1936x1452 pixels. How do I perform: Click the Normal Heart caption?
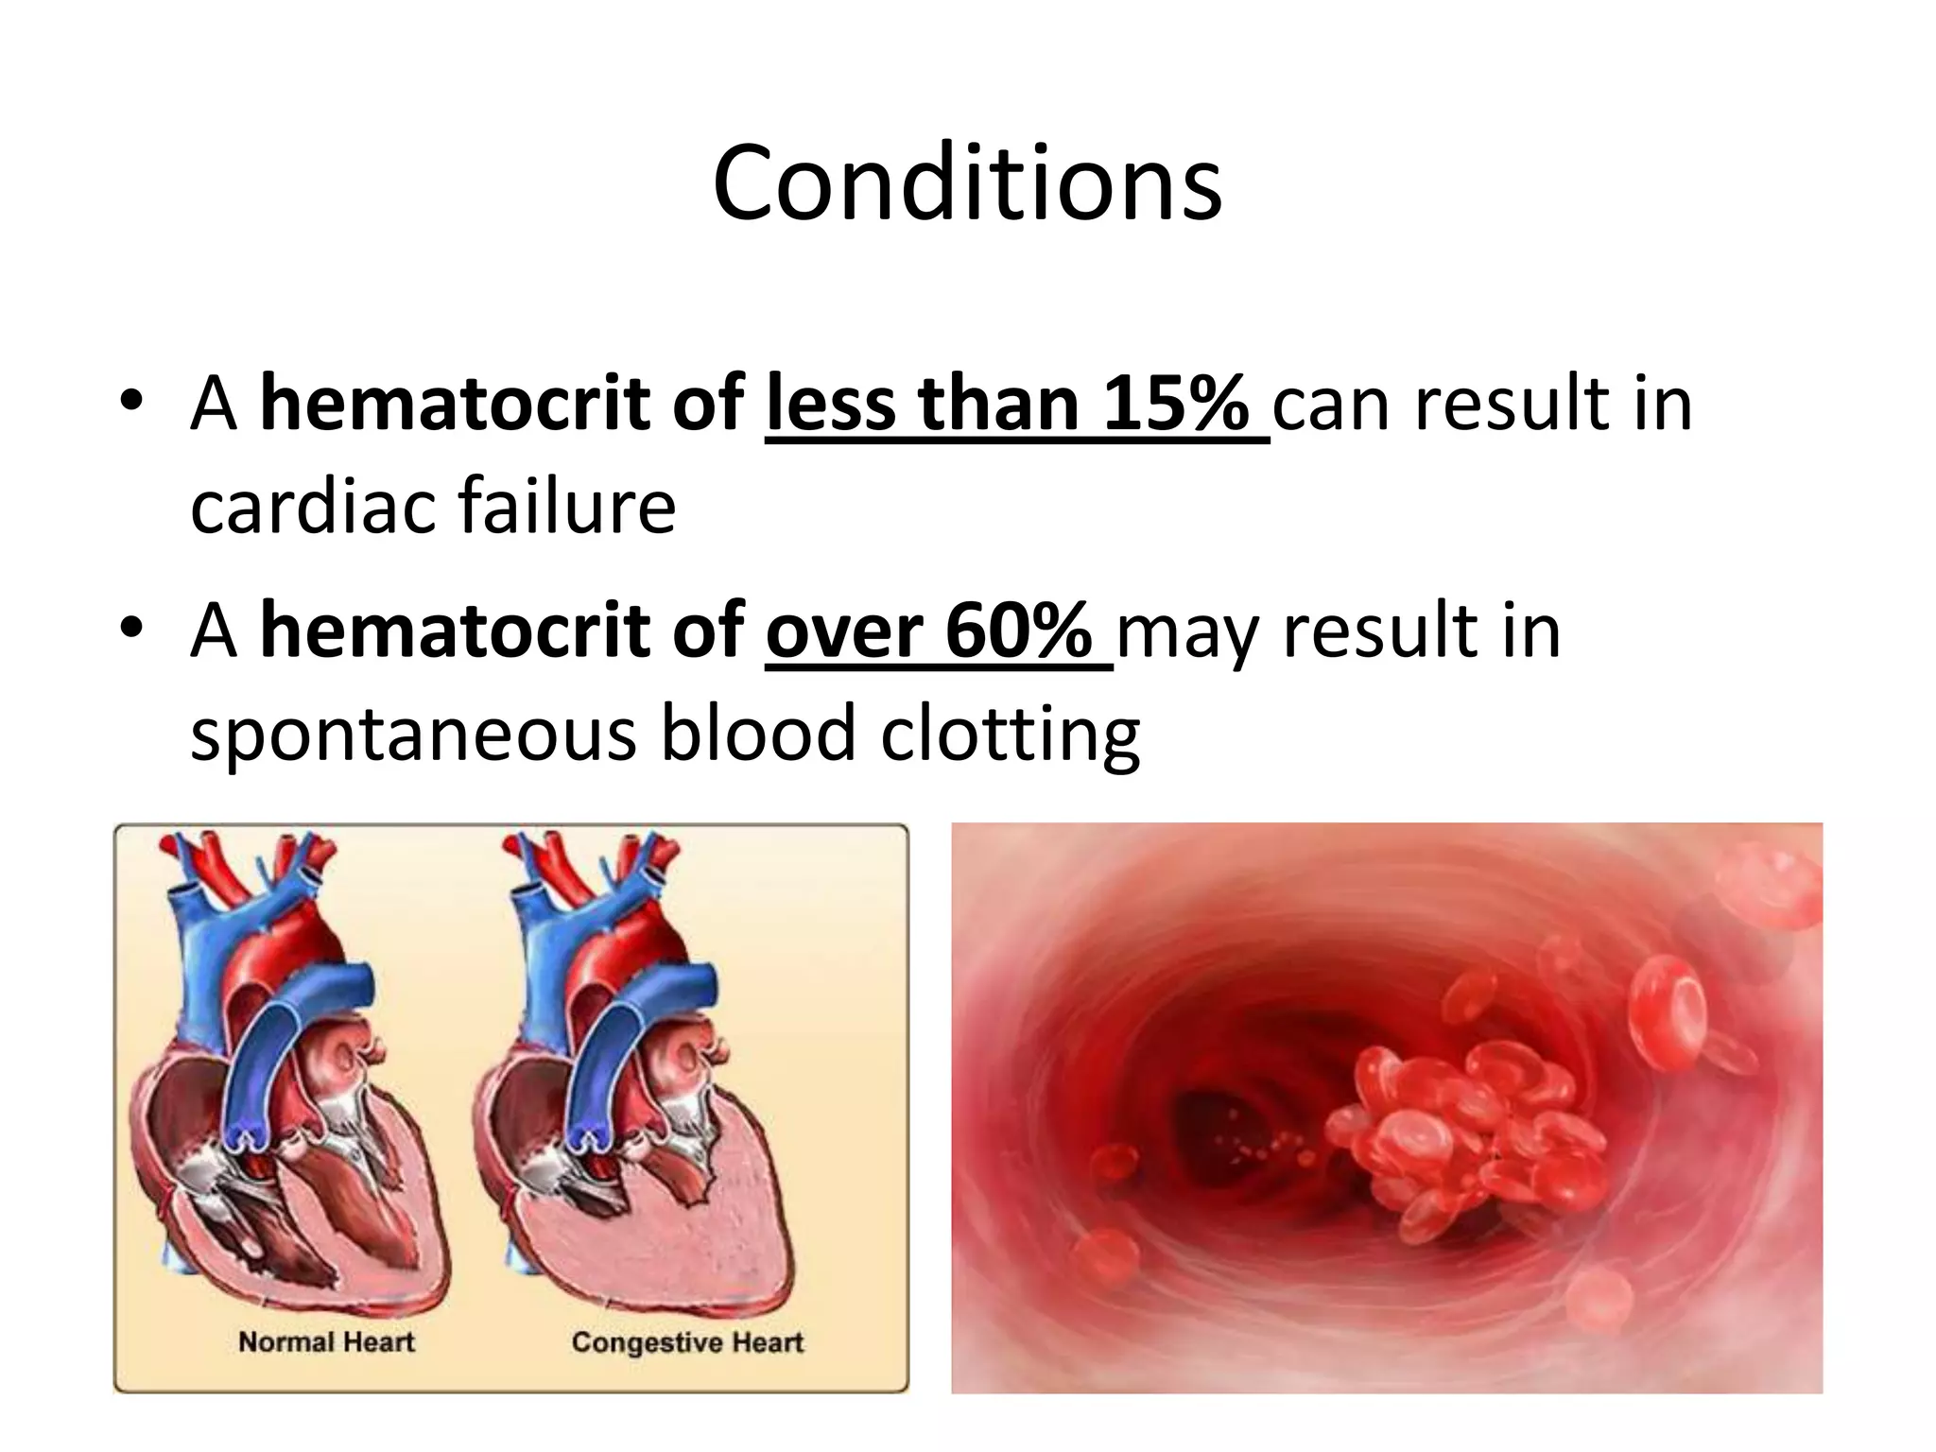coord(326,1341)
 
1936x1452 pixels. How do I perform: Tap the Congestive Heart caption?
coord(687,1342)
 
